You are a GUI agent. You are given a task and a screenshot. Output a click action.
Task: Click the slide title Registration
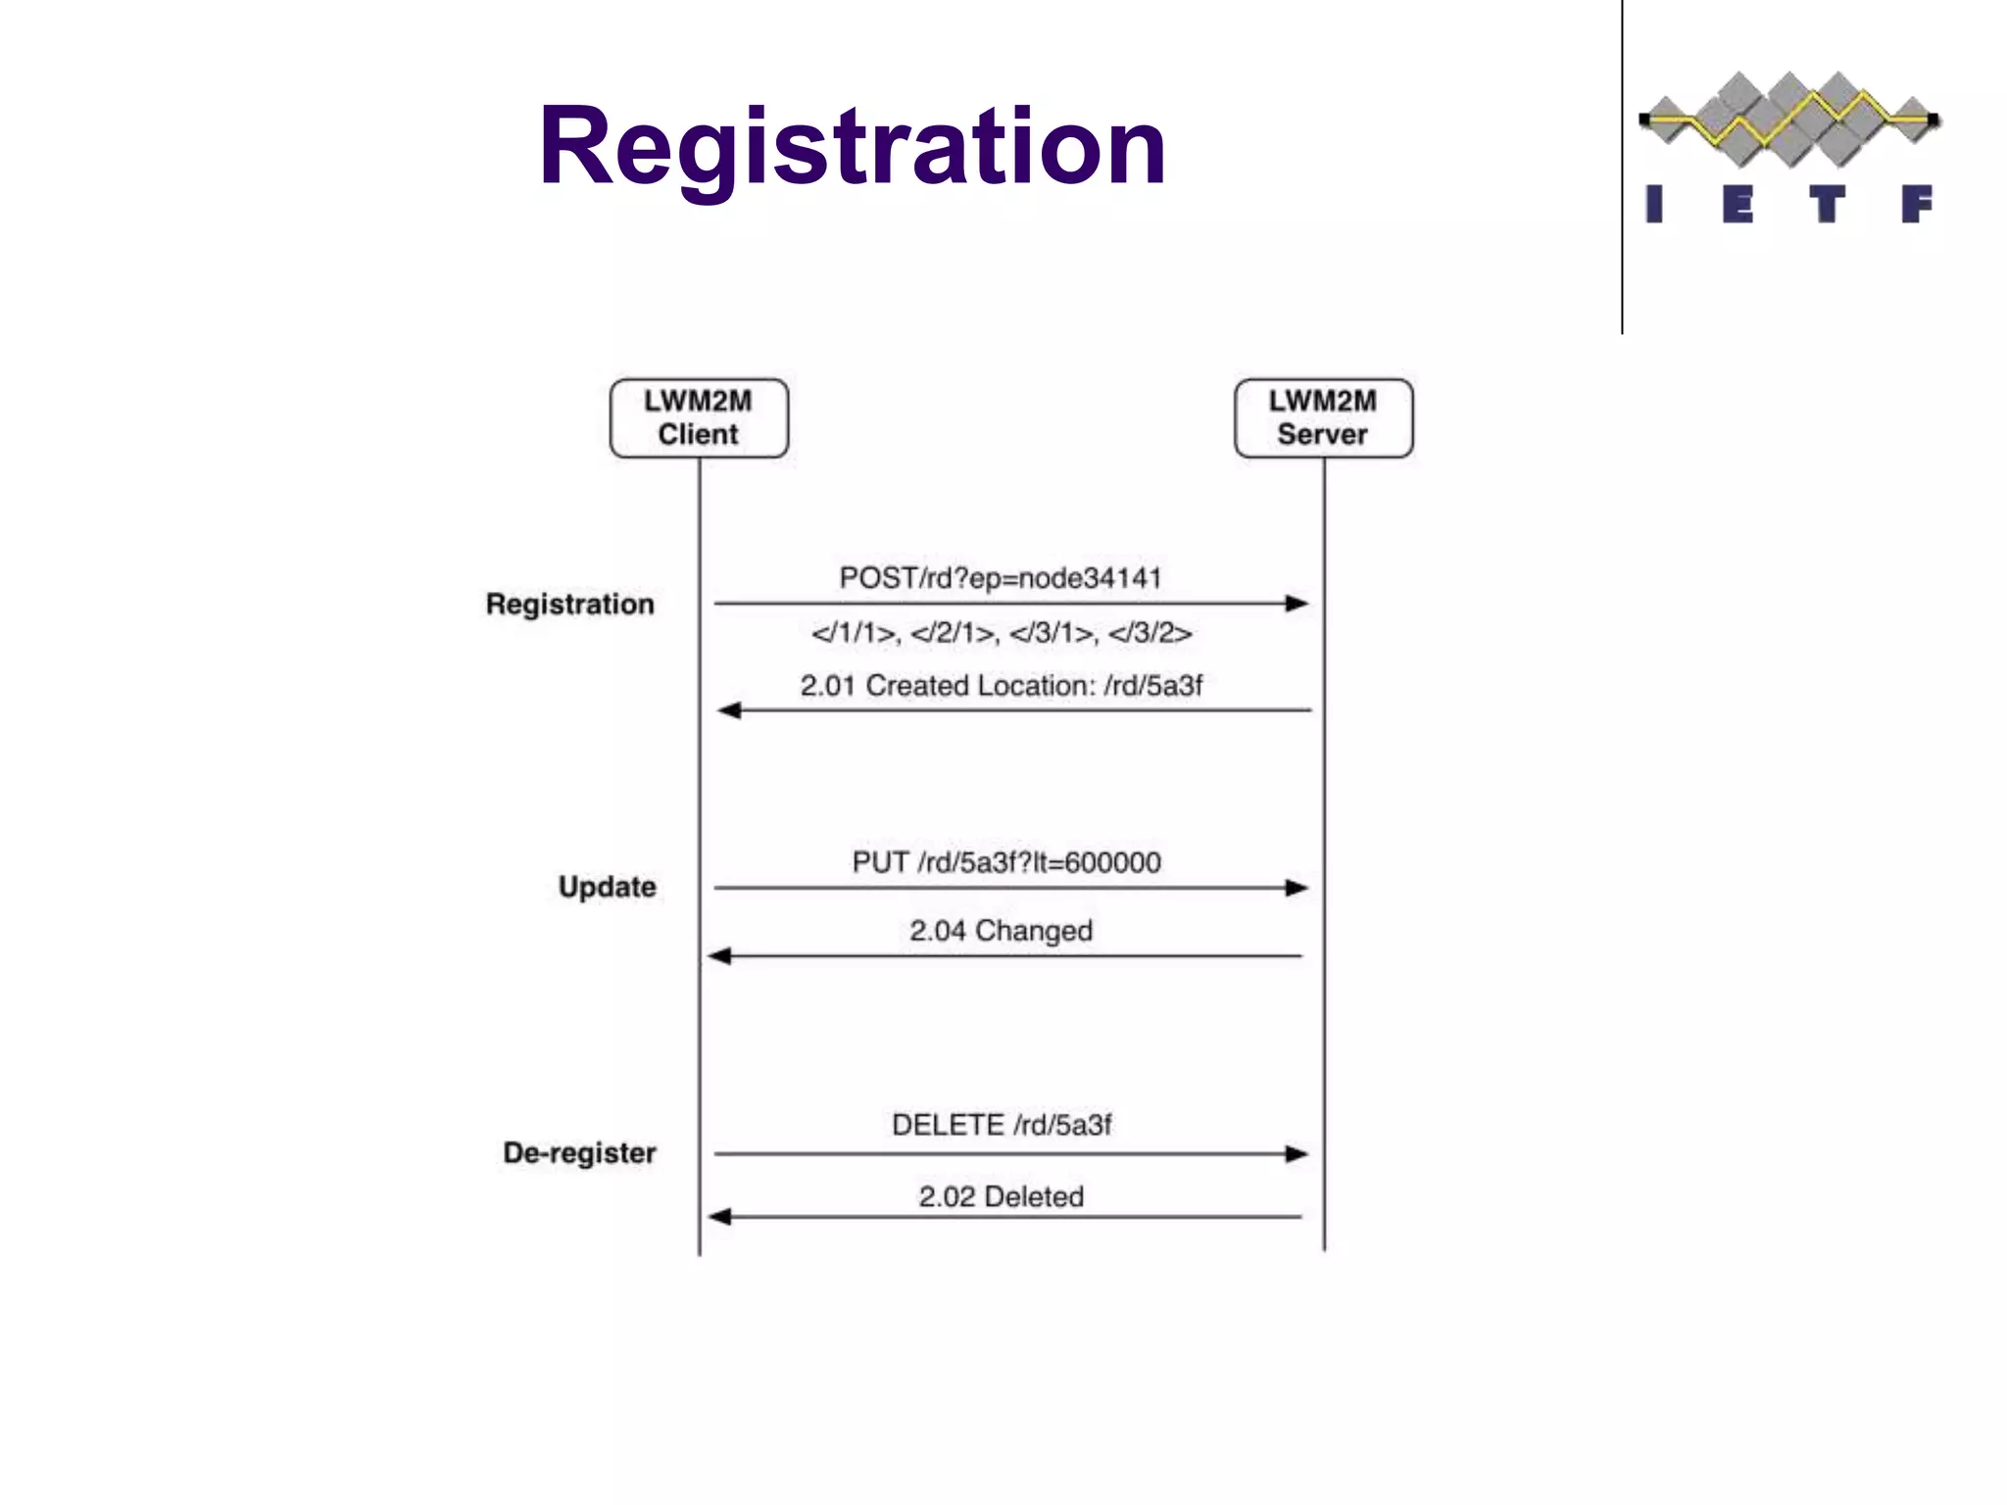pyautogui.click(x=852, y=147)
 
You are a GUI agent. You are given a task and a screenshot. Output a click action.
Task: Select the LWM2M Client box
pyautogui.click(x=699, y=418)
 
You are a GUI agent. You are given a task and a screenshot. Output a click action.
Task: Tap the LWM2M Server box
pyautogui.click(x=1323, y=418)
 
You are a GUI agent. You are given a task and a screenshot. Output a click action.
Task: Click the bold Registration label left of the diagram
pyautogui.click(x=570, y=604)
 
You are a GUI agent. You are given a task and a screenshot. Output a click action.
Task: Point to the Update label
pyautogui.click(x=608, y=887)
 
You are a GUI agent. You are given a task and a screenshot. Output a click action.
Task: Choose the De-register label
pyautogui.click(x=580, y=1152)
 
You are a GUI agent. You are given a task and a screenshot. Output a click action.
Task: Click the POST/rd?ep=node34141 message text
pyautogui.click(x=1001, y=578)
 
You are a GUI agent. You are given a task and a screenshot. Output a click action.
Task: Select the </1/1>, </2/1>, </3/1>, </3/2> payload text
pyautogui.click(x=1002, y=633)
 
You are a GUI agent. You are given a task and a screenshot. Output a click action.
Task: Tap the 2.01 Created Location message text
pyautogui.click(x=1001, y=686)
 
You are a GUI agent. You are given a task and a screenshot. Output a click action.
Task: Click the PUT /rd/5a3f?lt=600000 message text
pyautogui.click(x=1006, y=862)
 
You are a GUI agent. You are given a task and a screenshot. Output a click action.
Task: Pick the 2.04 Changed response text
pyautogui.click(x=1001, y=930)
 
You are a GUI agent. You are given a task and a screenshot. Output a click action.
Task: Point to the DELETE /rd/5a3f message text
pyautogui.click(x=1002, y=1125)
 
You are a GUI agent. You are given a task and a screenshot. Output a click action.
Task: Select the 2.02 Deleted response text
pyautogui.click(x=1001, y=1196)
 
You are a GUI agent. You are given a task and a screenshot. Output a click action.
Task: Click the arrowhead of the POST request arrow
pyautogui.click(x=1297, y=604)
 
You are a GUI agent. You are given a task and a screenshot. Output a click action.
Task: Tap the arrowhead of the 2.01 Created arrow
pyautogui.click(x=729, y=710)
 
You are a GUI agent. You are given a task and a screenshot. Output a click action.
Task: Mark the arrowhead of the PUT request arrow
pyautogui.click(x=1297, y=888)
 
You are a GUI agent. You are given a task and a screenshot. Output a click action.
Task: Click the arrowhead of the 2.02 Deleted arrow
pyautogui.click(x=720, y=1217)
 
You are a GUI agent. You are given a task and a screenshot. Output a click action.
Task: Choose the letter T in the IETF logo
pyautogui.click(x=1827, y=205)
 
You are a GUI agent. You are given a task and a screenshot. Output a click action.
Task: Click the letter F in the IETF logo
pyautogui.click(x=1916, y=205)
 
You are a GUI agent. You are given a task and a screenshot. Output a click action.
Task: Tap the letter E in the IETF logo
pyautogui.click(x=1738, y=205)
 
